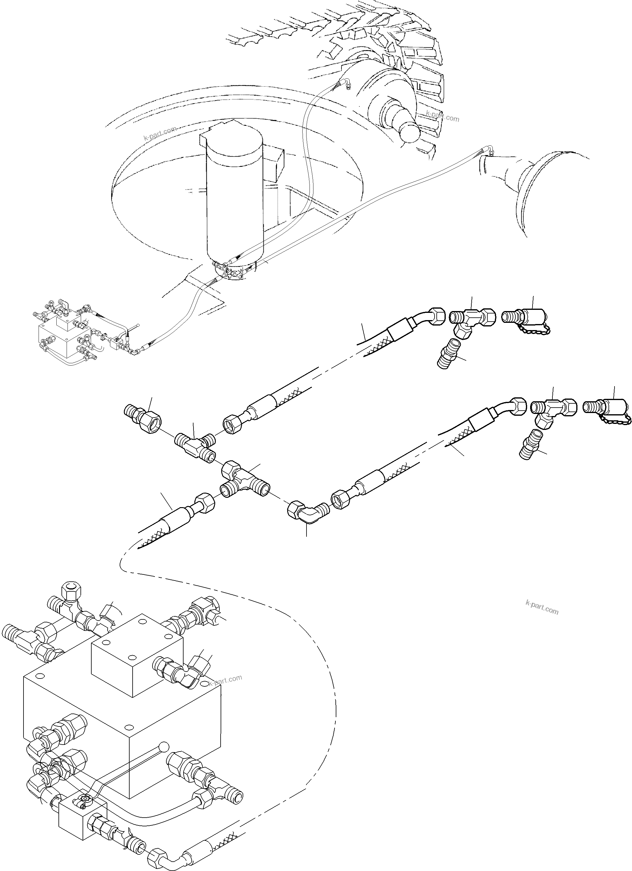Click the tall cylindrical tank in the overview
[x=234, y=196]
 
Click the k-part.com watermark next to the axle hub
[x=442, y=116]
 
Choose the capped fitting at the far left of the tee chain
[x=143, y=417]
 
